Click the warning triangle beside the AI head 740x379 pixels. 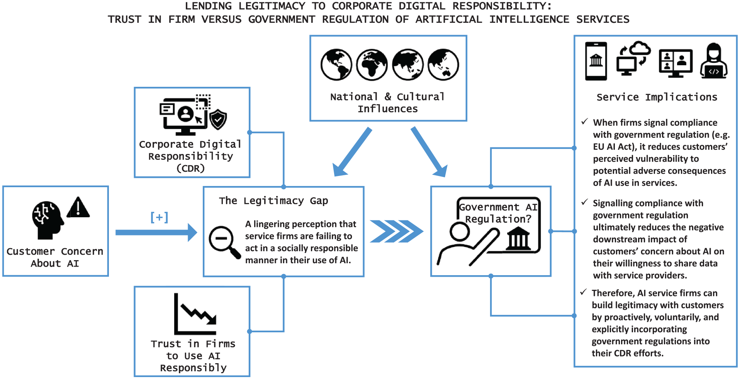point(78,207)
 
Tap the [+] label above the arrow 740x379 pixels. point(159,217)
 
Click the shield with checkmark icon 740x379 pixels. point(218,119)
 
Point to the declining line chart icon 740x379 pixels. point(195,314)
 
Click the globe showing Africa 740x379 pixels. point(372,65)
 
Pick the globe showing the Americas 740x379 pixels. point(336,65)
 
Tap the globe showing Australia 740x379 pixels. point(443,65)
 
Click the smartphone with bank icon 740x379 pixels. point(596,61)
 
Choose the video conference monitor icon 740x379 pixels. point(676,63)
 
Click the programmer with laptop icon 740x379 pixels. point(714,61)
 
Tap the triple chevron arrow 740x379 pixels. point(397,231)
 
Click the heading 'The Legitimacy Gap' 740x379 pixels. point(273,201)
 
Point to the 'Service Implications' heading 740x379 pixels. point(657,97)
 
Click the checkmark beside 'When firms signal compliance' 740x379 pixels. point(585,122)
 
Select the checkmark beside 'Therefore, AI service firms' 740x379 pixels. point(584,292)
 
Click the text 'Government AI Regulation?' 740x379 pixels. point(498,213)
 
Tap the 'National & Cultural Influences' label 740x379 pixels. point(387,103)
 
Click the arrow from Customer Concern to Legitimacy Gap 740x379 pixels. point(156,232)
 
